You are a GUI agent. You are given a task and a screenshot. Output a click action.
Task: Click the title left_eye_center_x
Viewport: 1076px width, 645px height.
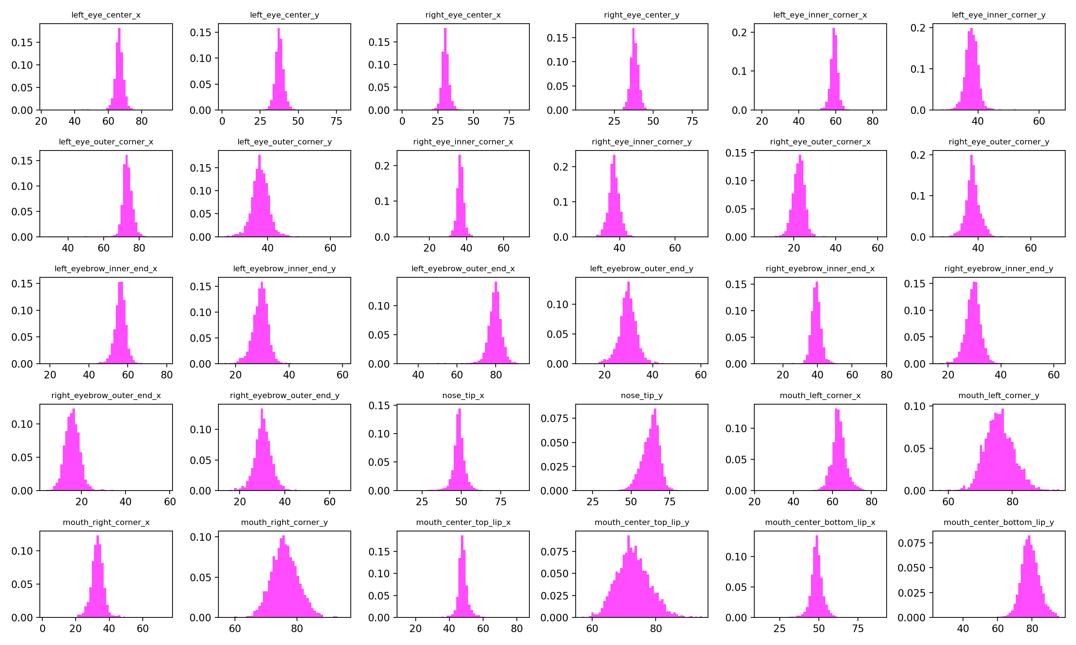[x=106, y=15]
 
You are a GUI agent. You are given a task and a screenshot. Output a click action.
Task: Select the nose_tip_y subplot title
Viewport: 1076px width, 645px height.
[x=642, y=396]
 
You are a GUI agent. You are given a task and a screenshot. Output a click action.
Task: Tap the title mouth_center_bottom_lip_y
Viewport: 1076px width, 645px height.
[x=999, y=522]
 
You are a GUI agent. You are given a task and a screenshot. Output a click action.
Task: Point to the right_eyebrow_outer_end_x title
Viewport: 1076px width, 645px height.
[x=106, y=396]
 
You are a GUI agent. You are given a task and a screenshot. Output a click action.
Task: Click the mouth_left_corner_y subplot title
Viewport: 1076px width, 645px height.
[x=999, y=396]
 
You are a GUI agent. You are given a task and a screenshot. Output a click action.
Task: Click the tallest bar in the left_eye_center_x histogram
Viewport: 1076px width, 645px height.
[x=119, y=70]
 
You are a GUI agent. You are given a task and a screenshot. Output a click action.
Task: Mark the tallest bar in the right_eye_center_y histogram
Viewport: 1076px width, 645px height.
[x=633, y=70]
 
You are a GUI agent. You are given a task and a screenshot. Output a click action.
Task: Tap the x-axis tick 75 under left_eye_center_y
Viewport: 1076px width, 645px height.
[x=336, y=121]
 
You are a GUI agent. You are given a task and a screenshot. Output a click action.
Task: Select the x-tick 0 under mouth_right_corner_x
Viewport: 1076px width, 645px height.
[x=43, y=629]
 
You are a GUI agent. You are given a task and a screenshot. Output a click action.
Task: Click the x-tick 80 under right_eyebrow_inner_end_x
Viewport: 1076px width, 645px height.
[x=886, y=375]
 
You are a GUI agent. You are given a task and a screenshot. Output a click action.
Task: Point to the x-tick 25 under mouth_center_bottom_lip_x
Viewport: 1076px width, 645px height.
[x=780, y=629]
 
